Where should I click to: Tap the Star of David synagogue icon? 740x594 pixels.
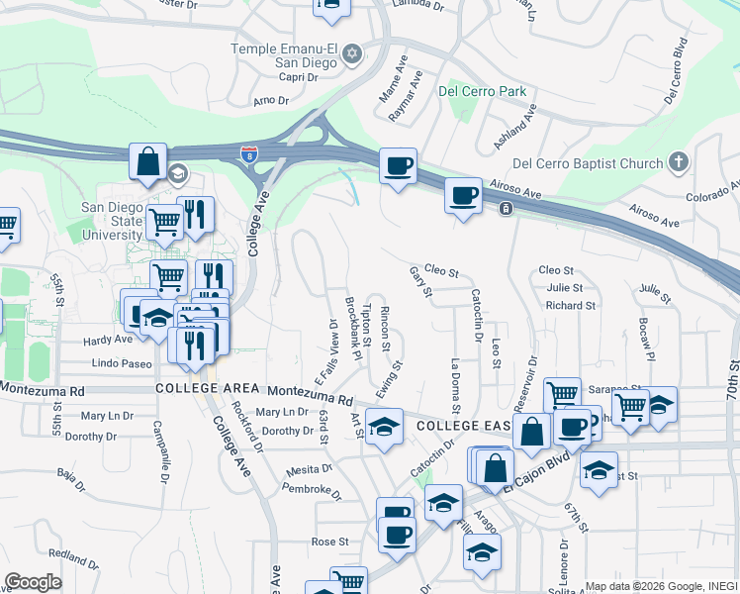point(350,55)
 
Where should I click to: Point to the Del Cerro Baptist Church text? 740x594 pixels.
point(587,162)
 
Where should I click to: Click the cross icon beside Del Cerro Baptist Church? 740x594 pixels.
point(678,161)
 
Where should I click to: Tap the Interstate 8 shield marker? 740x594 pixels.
point(246,153)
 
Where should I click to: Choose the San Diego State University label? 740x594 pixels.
point(111,221)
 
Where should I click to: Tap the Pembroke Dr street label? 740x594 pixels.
point(311,487)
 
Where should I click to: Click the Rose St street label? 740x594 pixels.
point(330,542)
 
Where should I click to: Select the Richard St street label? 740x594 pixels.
point(570,306)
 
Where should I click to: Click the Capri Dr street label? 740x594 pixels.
point(298,77)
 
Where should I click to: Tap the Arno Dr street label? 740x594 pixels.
point(270,101)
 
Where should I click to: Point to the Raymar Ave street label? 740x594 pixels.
point(406,96)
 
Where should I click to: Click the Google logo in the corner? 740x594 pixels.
point(33,582)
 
